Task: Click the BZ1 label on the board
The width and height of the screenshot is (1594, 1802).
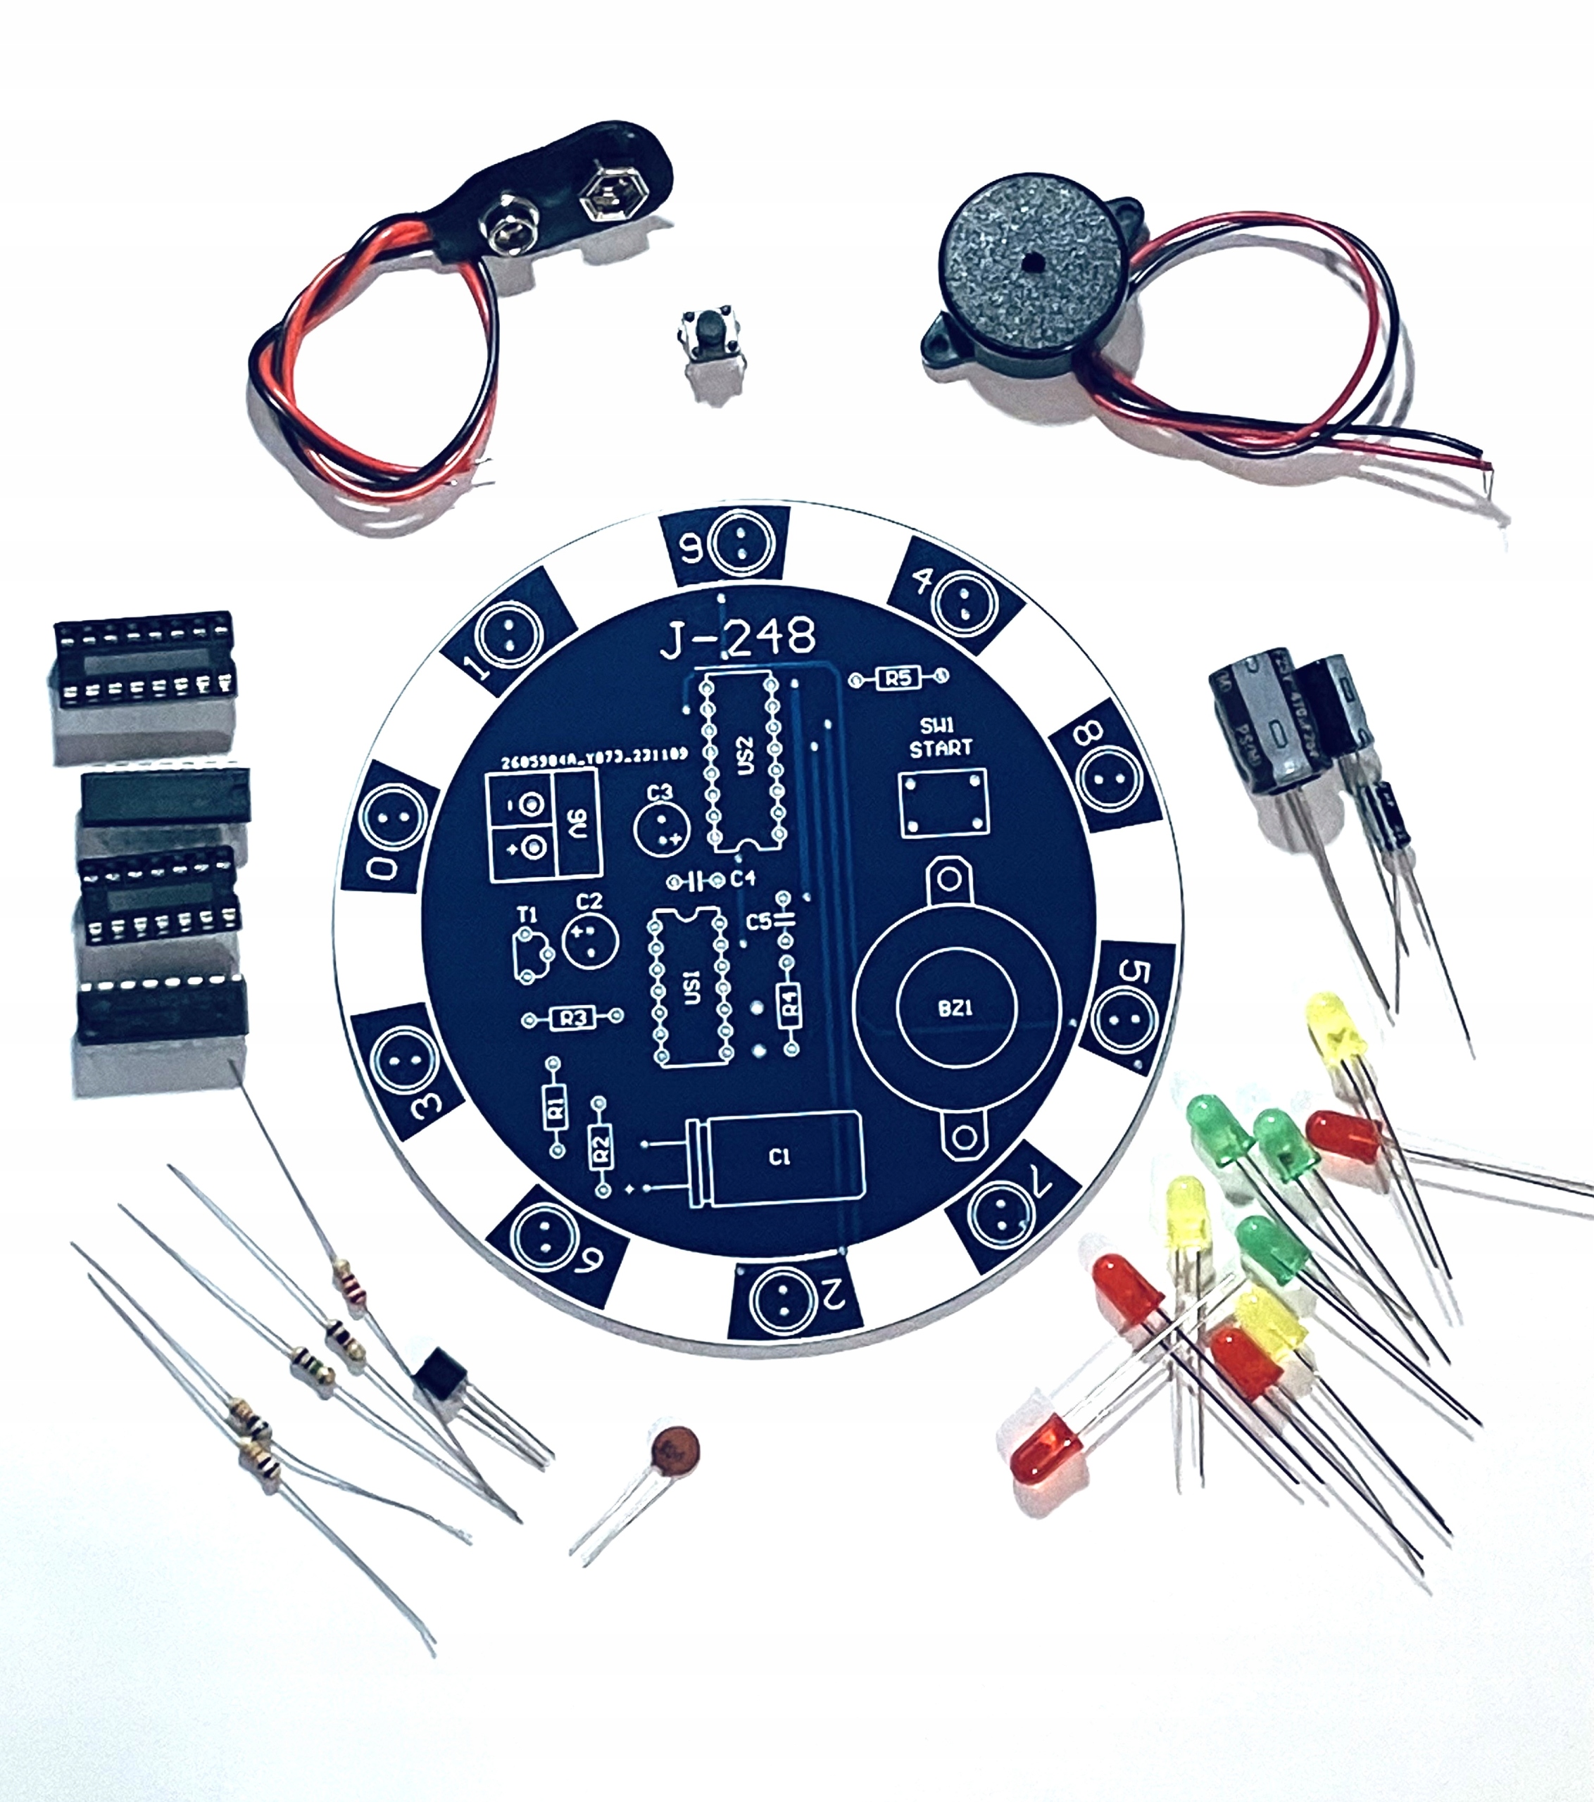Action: (955, 1007)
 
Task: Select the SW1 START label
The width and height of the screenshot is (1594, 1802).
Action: (940, 737)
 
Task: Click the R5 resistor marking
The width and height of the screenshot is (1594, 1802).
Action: (898, 677)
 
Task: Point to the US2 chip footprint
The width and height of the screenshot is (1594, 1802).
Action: (743, 760)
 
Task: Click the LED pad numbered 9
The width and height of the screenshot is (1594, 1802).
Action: (740, 543)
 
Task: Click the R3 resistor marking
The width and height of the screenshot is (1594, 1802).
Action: (573, 1019)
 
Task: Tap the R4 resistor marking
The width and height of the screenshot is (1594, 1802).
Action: (791, 1002)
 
